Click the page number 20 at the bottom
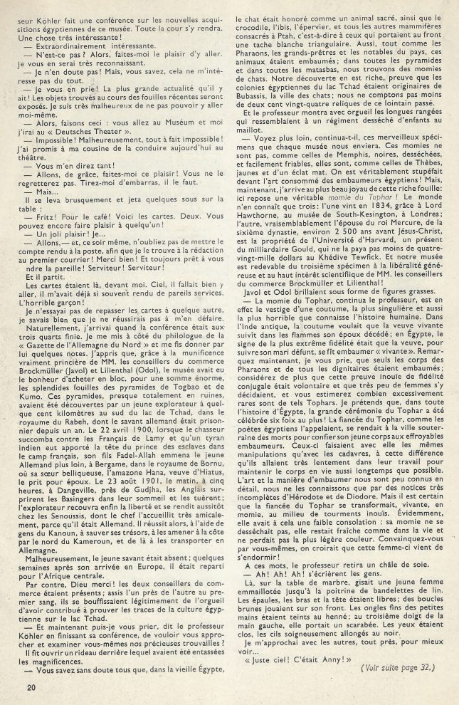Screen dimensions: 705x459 tap(29, 687)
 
